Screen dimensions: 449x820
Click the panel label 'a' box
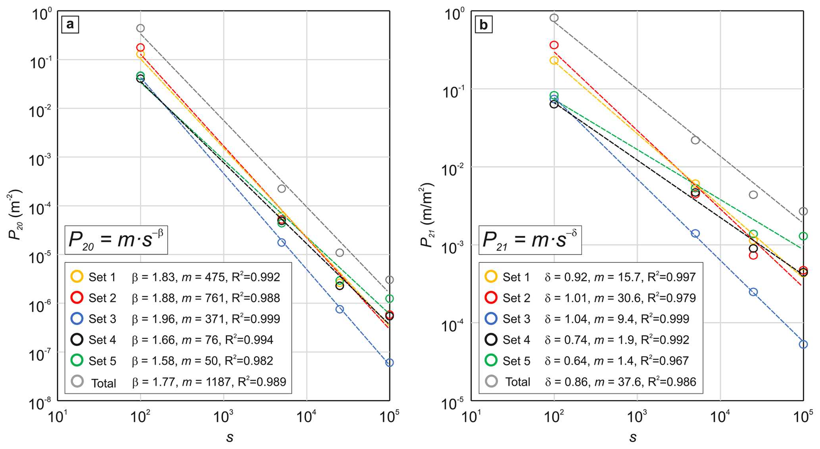click(70, 25)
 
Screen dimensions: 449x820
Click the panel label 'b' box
click(484, 25)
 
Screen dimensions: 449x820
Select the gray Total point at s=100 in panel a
click(140, 28)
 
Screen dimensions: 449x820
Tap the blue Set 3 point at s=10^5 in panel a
click(390, 362)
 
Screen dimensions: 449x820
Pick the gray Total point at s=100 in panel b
click(554, 18)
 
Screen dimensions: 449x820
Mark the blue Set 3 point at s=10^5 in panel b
click(803, 344)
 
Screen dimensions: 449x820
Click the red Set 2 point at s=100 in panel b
click(554, 45)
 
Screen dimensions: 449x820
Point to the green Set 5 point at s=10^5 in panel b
click(803, 236)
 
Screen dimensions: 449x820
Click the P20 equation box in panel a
click(116, 240)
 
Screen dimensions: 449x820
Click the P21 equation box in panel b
click(530, 240)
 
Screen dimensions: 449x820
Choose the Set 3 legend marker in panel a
click(77, 318)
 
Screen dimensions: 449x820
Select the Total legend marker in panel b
click(491, 381)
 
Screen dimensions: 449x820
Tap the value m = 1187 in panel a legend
click(206, 382)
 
